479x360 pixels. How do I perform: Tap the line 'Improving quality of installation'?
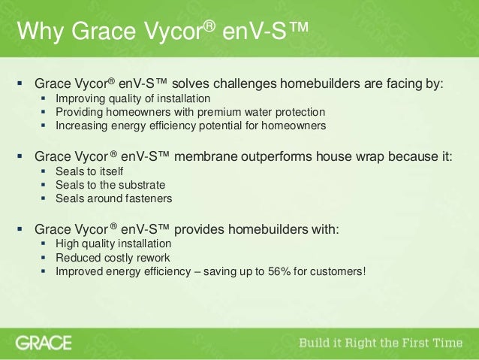pyautogui.click(x=133, y=99)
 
